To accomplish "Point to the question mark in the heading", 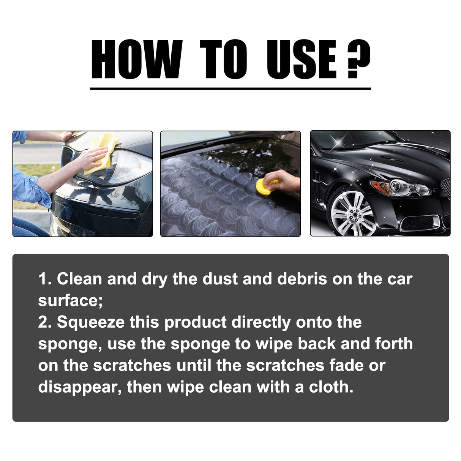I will [358, 60].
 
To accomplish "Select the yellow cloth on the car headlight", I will [102, 152].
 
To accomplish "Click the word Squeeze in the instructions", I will [90, 322].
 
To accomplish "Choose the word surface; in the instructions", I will [70, 301].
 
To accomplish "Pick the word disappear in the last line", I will [79, 387].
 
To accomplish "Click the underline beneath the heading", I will [230, 88].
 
